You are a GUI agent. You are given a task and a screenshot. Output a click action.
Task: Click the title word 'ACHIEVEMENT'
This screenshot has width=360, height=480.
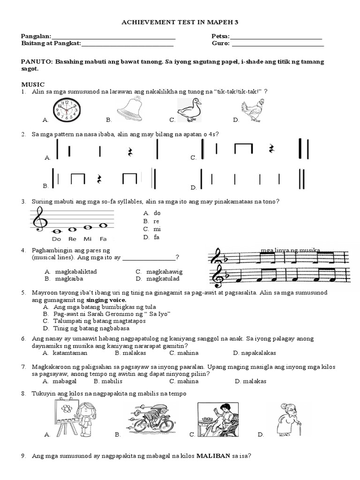pos(146,22)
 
